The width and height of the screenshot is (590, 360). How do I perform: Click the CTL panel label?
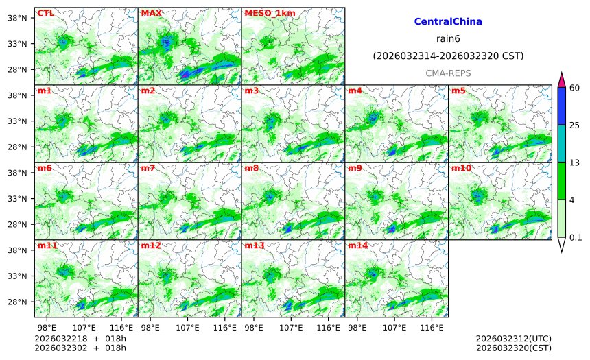click(45, 13)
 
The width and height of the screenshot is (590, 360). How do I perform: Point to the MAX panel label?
click(151, 13)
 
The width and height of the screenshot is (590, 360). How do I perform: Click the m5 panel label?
click(458, 91)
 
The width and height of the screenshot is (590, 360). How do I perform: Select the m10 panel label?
click(460, 168)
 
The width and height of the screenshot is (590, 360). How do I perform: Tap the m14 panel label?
click(357, 245)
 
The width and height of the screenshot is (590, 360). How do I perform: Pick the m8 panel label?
click(251, 168)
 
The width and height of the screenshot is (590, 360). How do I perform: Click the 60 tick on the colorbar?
click(574, 87)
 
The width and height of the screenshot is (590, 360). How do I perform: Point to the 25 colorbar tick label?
click(574, 125)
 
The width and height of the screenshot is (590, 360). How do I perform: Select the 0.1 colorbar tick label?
click(575, 238)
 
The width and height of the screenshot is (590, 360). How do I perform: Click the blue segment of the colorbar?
click(561, 106)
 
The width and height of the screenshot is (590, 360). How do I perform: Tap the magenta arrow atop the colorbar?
click(561, 79)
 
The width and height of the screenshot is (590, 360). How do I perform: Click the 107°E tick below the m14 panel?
click(394, 328)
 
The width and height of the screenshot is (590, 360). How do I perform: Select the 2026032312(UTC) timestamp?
click(513, 339)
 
